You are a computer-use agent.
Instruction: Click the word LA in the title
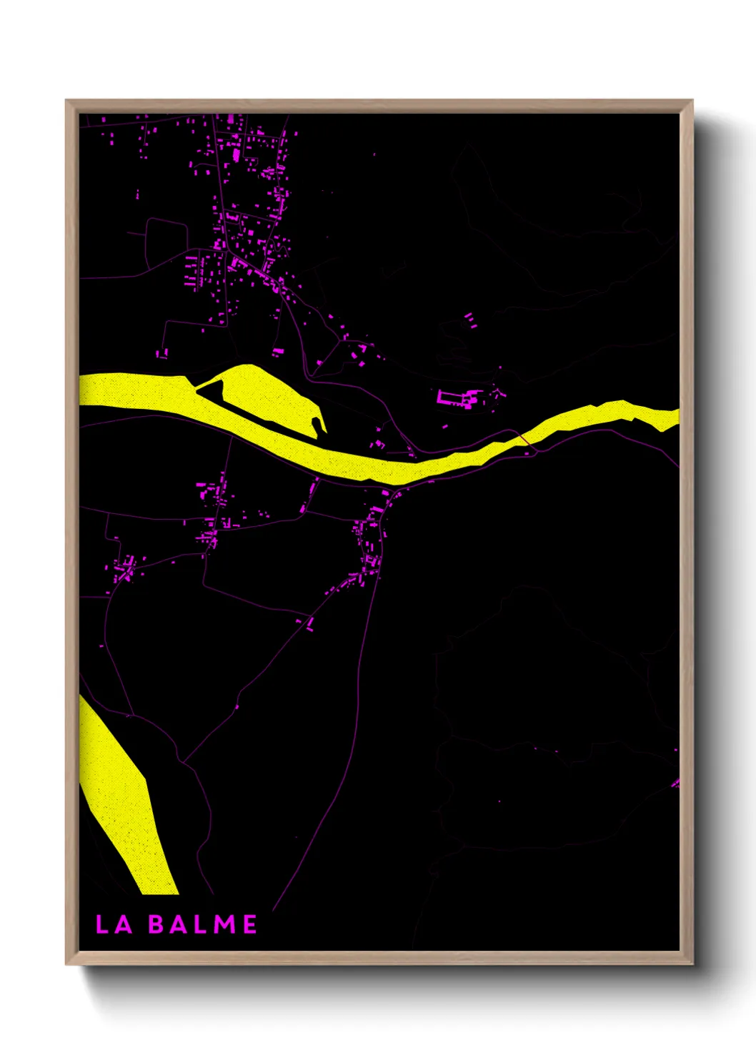[x=114, y=924]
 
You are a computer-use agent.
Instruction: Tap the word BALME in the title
[x=203, y=924]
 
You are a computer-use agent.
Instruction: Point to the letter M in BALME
[x=224, y=924]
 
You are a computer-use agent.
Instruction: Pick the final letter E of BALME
[x=250, y=924]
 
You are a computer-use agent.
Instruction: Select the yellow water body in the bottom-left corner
[x=121, y=793]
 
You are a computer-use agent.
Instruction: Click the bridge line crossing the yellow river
[x=525, y=437]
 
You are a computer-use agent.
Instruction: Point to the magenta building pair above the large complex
[x=470, y=319]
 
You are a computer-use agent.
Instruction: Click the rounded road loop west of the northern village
[x=166, y=239]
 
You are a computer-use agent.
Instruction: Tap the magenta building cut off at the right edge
[x=675, y=783]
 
